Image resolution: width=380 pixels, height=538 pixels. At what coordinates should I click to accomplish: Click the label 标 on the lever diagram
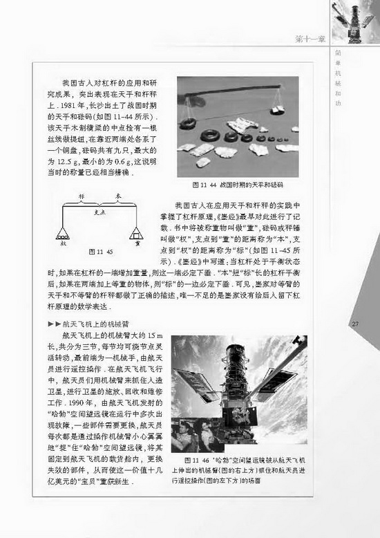pos(82,197)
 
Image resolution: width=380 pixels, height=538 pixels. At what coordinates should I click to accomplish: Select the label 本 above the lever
pos(117,197)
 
